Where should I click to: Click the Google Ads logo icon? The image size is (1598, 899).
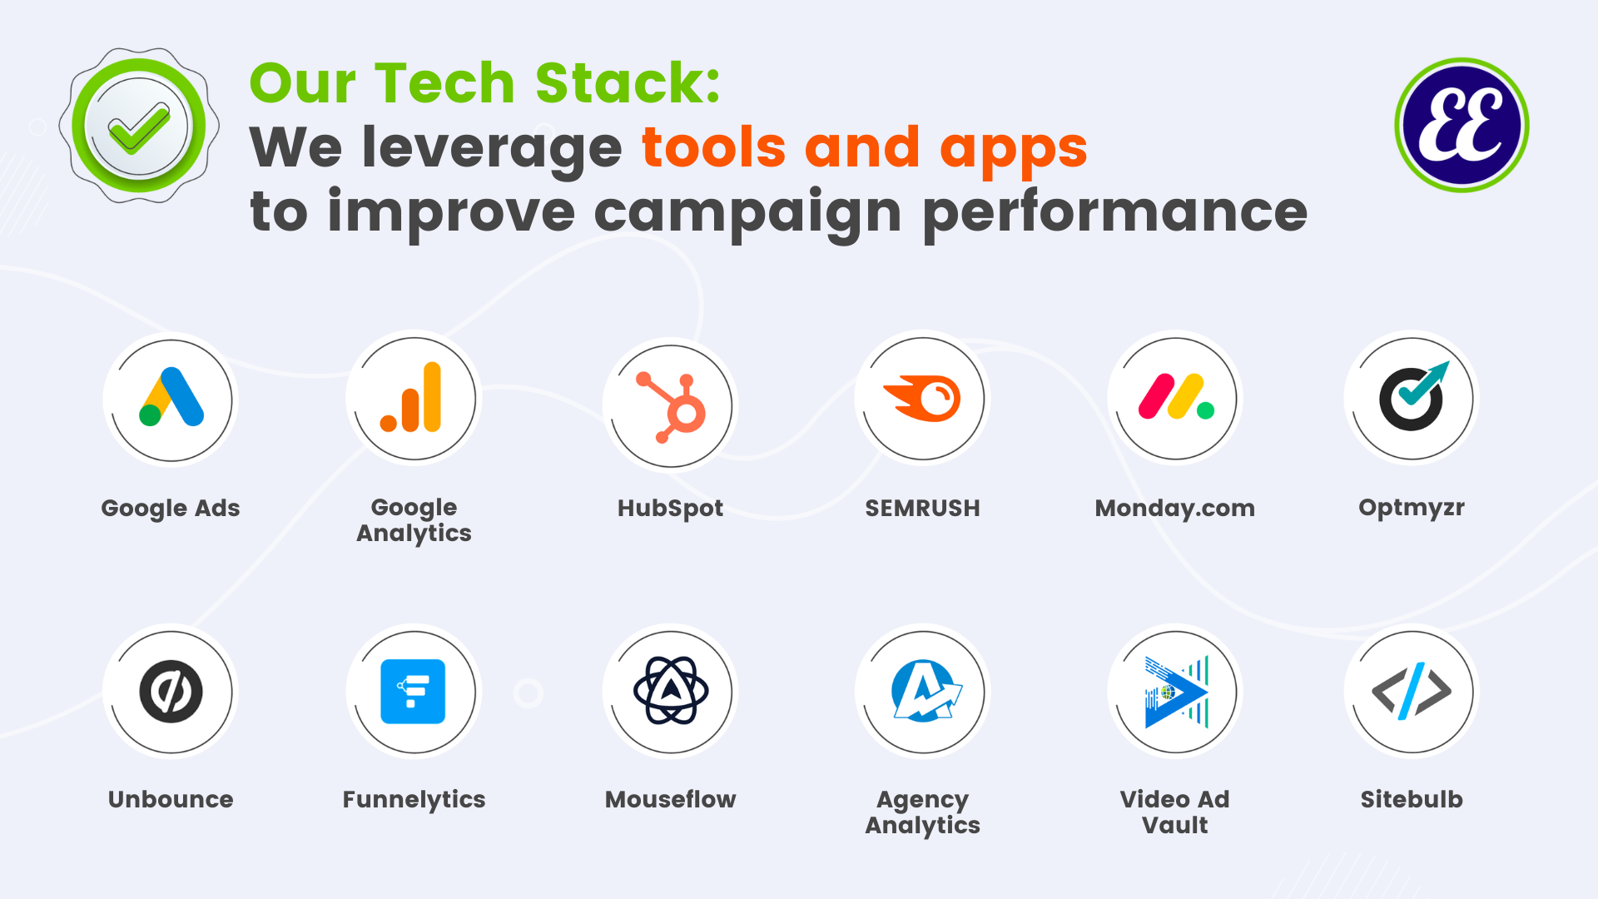[x=171, y=397]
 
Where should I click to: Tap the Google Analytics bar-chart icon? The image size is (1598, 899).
[x=411, y=397]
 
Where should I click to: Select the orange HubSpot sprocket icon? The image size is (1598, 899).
[x=671, y=406]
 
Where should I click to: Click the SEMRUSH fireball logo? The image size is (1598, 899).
[x=922, y=398]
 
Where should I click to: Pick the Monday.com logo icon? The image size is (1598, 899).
[x=1176, y=396]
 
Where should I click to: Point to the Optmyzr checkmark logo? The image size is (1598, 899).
[x=1413, y=396]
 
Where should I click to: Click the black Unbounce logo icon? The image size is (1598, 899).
[x=171, y=691]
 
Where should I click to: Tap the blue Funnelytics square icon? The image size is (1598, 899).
[x=413, y=691]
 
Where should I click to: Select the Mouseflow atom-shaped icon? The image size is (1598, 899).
[x=671, y=690]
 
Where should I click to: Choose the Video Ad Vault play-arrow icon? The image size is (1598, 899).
[x=1176, y=692]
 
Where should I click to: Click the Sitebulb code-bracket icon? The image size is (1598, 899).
[x=1412, y=690]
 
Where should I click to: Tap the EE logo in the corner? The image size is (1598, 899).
[x=1462, y=125]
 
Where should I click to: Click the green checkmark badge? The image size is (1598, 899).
[x=139, y=126]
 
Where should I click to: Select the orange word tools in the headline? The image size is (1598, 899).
[x=713, y=147]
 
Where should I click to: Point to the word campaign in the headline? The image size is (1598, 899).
[x=747, y=214]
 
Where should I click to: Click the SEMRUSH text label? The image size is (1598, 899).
[x=922, y=508]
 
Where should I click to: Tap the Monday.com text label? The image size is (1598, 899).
[x=1175, y=508]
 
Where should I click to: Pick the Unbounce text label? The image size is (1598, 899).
[x=171, y=799]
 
